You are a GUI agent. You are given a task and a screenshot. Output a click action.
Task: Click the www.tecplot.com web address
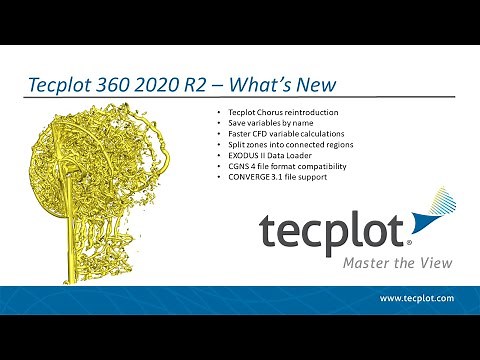(416, 299)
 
